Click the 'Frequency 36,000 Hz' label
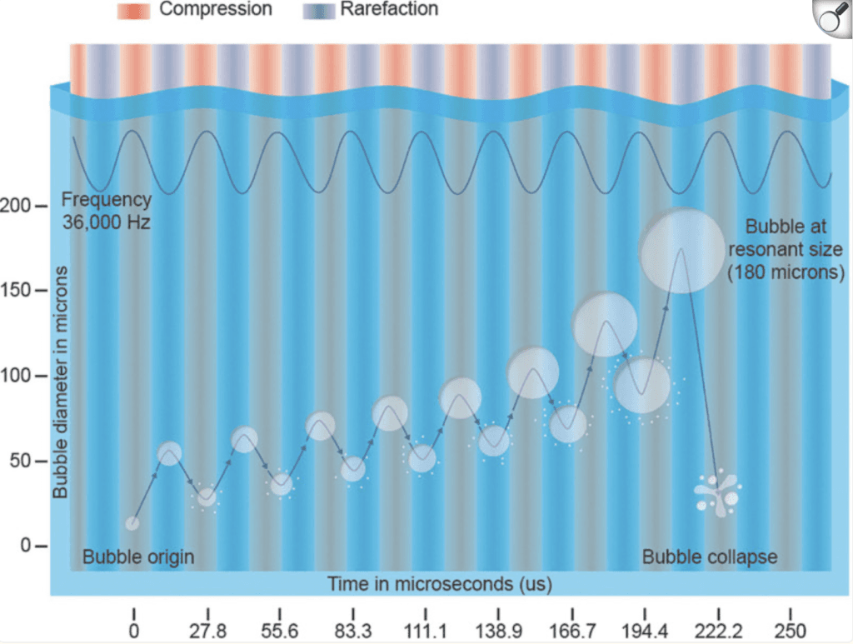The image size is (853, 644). click(x=106, y=211)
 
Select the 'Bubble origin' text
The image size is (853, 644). click(x=137, y=557)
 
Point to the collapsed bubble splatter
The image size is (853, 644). click(x=717, y=493)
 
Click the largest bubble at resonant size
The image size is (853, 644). click(x=681, y=251)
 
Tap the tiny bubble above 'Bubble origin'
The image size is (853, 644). click(x=132, y=523)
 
